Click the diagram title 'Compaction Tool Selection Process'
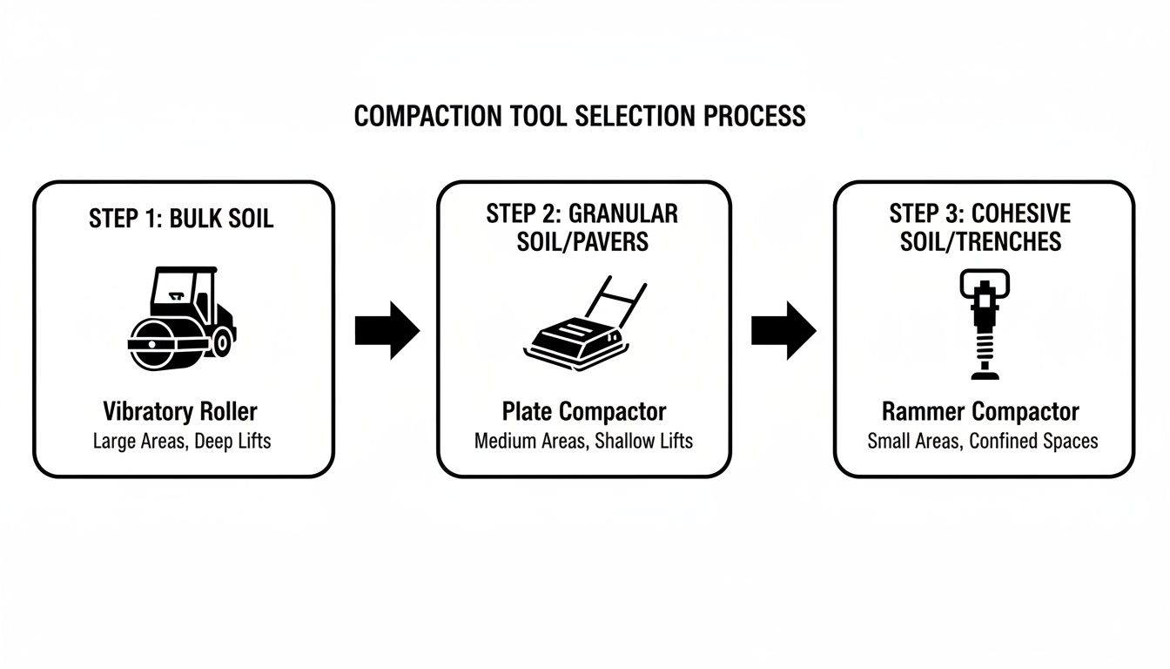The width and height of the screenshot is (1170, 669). (x=580, y=116)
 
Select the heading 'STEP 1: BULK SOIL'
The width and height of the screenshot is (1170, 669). (x=181, y=218)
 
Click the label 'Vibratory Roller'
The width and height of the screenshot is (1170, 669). (x=180, y=412)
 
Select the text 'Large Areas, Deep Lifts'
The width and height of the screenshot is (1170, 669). (x=181, y=441)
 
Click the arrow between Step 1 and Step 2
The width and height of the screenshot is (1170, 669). (x=387, y=331)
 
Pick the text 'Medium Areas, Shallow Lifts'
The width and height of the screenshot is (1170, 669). (x=583, y=441)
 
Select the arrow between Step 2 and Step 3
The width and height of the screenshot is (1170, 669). (x=783, y=331)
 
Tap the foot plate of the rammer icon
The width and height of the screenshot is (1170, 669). (x=982, y=375)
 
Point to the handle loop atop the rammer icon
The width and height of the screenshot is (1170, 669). (x=982, y=281)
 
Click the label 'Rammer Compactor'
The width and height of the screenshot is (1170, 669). (x=980, y=412)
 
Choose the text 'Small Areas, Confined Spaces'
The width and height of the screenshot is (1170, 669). (x=982, y=441)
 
